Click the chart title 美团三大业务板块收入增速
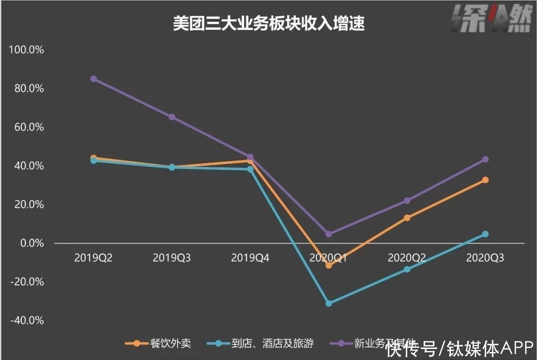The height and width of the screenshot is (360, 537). [x=268, y=23]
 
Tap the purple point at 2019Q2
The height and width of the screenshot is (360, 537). [x=93, y=79]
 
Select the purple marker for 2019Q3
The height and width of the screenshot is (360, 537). [x=172, y=117]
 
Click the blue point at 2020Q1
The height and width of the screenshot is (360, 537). [x=329, y=303]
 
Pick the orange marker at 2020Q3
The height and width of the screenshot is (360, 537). [x=485, y=180]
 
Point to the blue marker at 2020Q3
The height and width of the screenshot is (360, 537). [x=485, y=234]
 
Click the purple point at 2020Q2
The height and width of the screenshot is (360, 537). [x=407, y=200]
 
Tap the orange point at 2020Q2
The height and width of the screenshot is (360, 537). [x=407, y=218]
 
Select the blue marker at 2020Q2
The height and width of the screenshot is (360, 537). [x=407, y=269]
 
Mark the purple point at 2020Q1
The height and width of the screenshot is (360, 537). [x=329, y=234]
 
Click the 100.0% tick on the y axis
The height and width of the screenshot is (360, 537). [x=26, y=50]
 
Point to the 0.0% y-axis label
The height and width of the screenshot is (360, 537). [x=31, y=243]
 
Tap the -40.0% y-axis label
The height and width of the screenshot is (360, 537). [x=27, y=321]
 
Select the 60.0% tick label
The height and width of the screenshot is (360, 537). [x=29, y=127]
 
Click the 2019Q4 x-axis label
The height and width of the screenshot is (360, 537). [x=250, y=258]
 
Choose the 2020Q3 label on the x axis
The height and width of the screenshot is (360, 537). [x=485, y=258]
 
